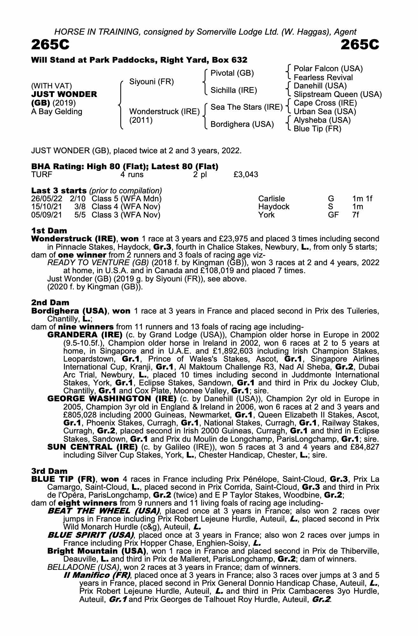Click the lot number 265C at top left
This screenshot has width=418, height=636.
pyautogui.click(x=50, y=45)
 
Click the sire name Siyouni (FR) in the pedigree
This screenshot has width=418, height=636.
pyautogui.click(x=151, y=82)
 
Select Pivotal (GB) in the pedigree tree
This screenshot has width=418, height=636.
pyautogui.click(x=232, y=73)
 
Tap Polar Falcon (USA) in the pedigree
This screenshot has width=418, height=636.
pyautogui.click(x=328, y=69)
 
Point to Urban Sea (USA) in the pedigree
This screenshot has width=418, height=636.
pyautogui.click(x=325, y=112)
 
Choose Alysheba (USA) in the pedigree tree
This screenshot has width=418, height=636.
pyautogui.click(x=322, y=120)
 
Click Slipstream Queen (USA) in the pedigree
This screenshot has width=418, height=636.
pyautogui.click(x=338, y=94)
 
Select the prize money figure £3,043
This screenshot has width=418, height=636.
pyautogui.click(x=246, y=175)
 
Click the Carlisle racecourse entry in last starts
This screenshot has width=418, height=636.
pyautogui.click(x=271, y=199)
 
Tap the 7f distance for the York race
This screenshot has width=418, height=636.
pyautogui.click(x=356, y=215)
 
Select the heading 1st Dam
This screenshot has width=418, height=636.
pyautogui.click(x=49, y=231)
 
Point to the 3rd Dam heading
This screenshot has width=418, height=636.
pyautogui.click(x=50, y=471)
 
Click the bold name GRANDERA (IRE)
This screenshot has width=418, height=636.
pyautogui.click(x=85, y=335)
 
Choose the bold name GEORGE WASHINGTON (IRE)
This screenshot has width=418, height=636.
pyautogui.click(x=112, y=399)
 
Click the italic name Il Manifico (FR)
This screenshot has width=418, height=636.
pyautogui.click(x=97, y=575)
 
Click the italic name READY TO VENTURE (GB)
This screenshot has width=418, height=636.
pyautogui.click(x=98, y=263)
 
